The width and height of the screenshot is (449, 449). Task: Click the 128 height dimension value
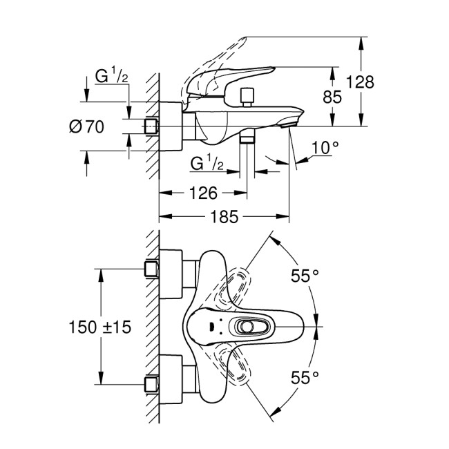[360, 82]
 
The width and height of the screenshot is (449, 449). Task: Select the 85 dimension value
[332, 97]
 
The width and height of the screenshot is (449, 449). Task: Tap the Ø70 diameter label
[86, 126]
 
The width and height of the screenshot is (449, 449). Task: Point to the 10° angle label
[325, 147]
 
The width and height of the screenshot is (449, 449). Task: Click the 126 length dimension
[203, 193]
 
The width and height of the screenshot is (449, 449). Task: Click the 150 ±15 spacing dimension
[100, 325]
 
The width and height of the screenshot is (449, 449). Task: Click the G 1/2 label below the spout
[207, 163]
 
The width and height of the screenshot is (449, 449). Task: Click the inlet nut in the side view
[151, 126]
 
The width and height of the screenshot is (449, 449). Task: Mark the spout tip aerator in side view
[289, 124]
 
